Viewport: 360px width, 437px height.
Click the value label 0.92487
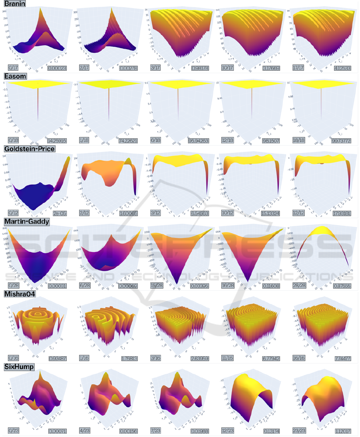55,359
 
